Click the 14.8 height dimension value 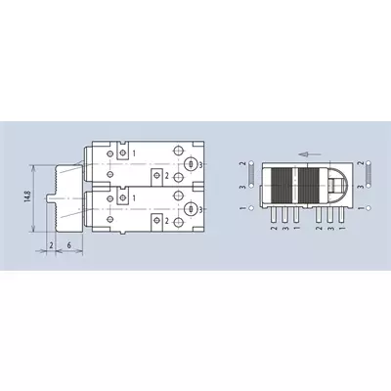point(27,198)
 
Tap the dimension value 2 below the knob point(51,245)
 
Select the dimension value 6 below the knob point(69,245)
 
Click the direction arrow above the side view point(310,154)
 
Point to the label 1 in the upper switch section point(134,152)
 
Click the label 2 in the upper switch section point(166,176)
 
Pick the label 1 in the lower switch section point(134,197)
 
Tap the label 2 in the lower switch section point(166,221)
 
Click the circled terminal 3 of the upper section point(192,164)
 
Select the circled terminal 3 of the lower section point(192,209)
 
